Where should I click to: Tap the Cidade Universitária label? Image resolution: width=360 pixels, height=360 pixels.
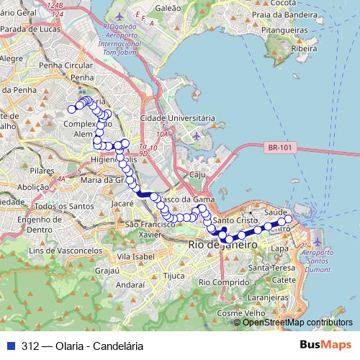(176, 117)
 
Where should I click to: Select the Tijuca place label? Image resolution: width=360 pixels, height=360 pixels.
(175, 275)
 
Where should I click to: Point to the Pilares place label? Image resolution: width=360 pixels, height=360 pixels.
(42, 171)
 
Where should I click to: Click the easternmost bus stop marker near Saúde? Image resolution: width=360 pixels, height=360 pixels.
(289, 219)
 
